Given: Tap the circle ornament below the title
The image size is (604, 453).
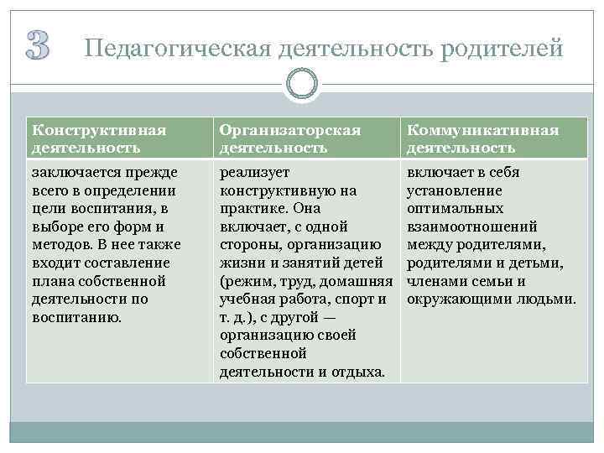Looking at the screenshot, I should pyautogui.click(x=301, y=84).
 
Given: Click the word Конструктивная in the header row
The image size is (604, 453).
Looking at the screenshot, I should pyautogui.click(x=98, y=131).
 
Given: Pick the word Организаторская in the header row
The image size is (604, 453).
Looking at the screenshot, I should pyautogui.click(x=289, y=131).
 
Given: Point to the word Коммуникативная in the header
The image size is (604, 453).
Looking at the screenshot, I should pyautogui.click(x=482, y=131).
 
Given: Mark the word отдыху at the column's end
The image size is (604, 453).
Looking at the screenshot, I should pyautogui.click(x=353, y=372).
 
